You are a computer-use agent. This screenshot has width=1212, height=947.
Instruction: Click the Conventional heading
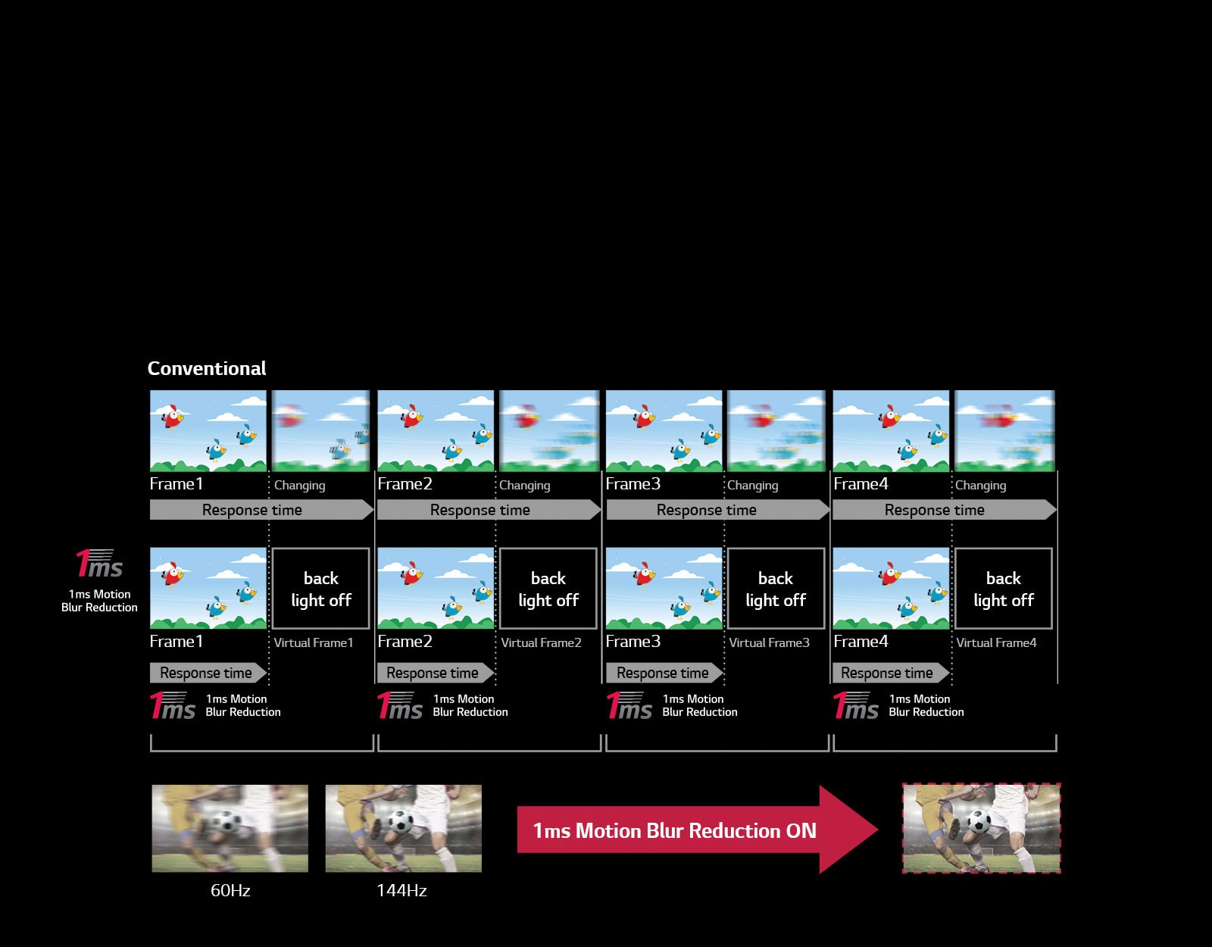click(206, 369)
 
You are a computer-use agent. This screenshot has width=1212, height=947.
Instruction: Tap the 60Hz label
click(230, 890)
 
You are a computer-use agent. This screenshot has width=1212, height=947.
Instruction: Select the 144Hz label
click(401, 890)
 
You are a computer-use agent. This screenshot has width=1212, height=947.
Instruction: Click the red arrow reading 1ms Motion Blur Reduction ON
click(697, 830)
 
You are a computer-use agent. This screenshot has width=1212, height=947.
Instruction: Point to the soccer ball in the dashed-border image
click(979, 822)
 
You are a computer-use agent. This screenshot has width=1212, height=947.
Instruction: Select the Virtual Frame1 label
click(314, 642)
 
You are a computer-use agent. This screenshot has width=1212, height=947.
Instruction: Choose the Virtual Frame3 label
click(769, 642)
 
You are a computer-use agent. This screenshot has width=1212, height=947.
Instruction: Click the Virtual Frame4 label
click(997, 642)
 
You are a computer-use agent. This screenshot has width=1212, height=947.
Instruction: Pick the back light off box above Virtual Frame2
click(548, 589)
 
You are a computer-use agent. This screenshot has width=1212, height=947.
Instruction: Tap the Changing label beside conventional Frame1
click(299, 485)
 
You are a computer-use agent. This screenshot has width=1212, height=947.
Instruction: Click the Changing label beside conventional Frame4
click(980, 485)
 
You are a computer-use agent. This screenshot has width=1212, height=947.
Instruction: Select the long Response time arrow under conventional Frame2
click(489, 510)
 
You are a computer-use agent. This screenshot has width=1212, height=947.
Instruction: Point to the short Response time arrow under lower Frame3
click(664, 674)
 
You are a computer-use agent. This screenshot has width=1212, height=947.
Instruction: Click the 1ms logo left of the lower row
click(99, 564)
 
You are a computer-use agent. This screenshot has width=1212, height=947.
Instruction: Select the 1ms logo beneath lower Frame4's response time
click(855, 705)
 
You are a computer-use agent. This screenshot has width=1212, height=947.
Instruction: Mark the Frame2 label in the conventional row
click(405, 483)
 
